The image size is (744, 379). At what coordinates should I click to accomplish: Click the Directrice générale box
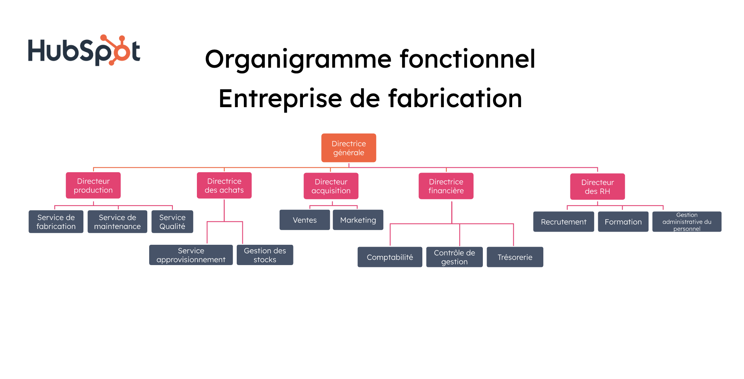coord(348,148)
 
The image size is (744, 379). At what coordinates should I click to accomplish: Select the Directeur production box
coord(93,185)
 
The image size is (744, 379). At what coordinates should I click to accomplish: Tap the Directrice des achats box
coord(224,185)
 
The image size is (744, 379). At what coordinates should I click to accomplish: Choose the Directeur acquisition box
coord(331,186)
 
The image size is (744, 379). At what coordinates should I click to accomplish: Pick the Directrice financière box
coord(446,186)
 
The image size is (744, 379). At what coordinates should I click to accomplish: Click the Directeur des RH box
coord(597,186)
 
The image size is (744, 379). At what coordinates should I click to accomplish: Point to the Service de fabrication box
coord(56,221)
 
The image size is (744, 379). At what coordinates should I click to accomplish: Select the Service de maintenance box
coord(117,221)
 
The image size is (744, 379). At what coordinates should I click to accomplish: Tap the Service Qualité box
coord(172,221)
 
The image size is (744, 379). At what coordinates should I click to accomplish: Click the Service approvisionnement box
coord(191,255)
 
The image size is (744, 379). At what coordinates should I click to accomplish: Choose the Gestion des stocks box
coord(265,255)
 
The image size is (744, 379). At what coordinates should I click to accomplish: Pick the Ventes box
coord(304,220)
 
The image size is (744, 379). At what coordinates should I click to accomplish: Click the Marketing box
coord(358,220)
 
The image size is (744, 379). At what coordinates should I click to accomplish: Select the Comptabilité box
coord(390,257)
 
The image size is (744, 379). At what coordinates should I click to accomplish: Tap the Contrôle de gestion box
coord(454,257)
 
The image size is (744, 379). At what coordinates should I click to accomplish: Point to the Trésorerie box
coord(515,257)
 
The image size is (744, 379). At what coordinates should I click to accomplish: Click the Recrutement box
coord(563,222)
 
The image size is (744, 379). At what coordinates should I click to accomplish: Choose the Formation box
coord(623,222)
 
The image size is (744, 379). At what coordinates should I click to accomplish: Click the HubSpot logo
coord(84,50)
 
